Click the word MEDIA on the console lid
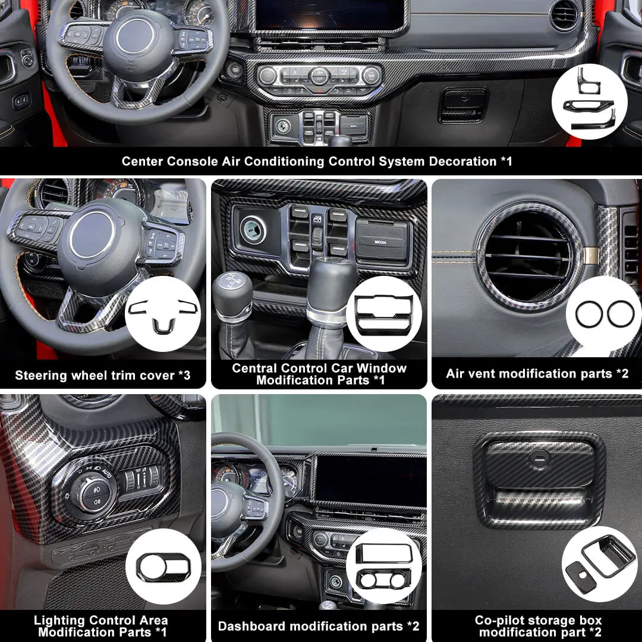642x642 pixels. (x=380, y=243)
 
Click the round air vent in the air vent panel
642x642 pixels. (x=528, y=256)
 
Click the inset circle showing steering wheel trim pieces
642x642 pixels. (x=163, y=313)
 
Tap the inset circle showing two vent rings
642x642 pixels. (x=604, y=314)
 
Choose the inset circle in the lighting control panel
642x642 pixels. (x=163, y=567)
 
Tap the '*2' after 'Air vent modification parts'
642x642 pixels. (x=622, y=373)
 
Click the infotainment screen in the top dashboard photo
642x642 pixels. (x=329, y=15)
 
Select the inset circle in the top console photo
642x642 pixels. (x=589, y=102)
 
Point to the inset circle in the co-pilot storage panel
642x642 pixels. (x=599, y=564)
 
